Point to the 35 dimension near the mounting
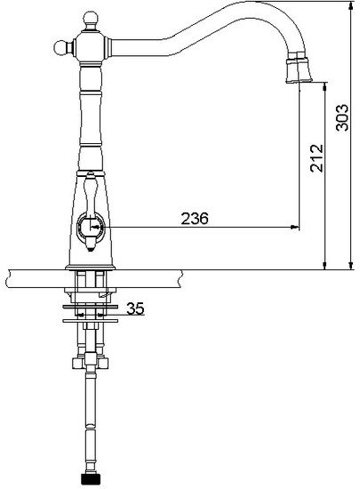point(134,309)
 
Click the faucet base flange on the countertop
point(89,266)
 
